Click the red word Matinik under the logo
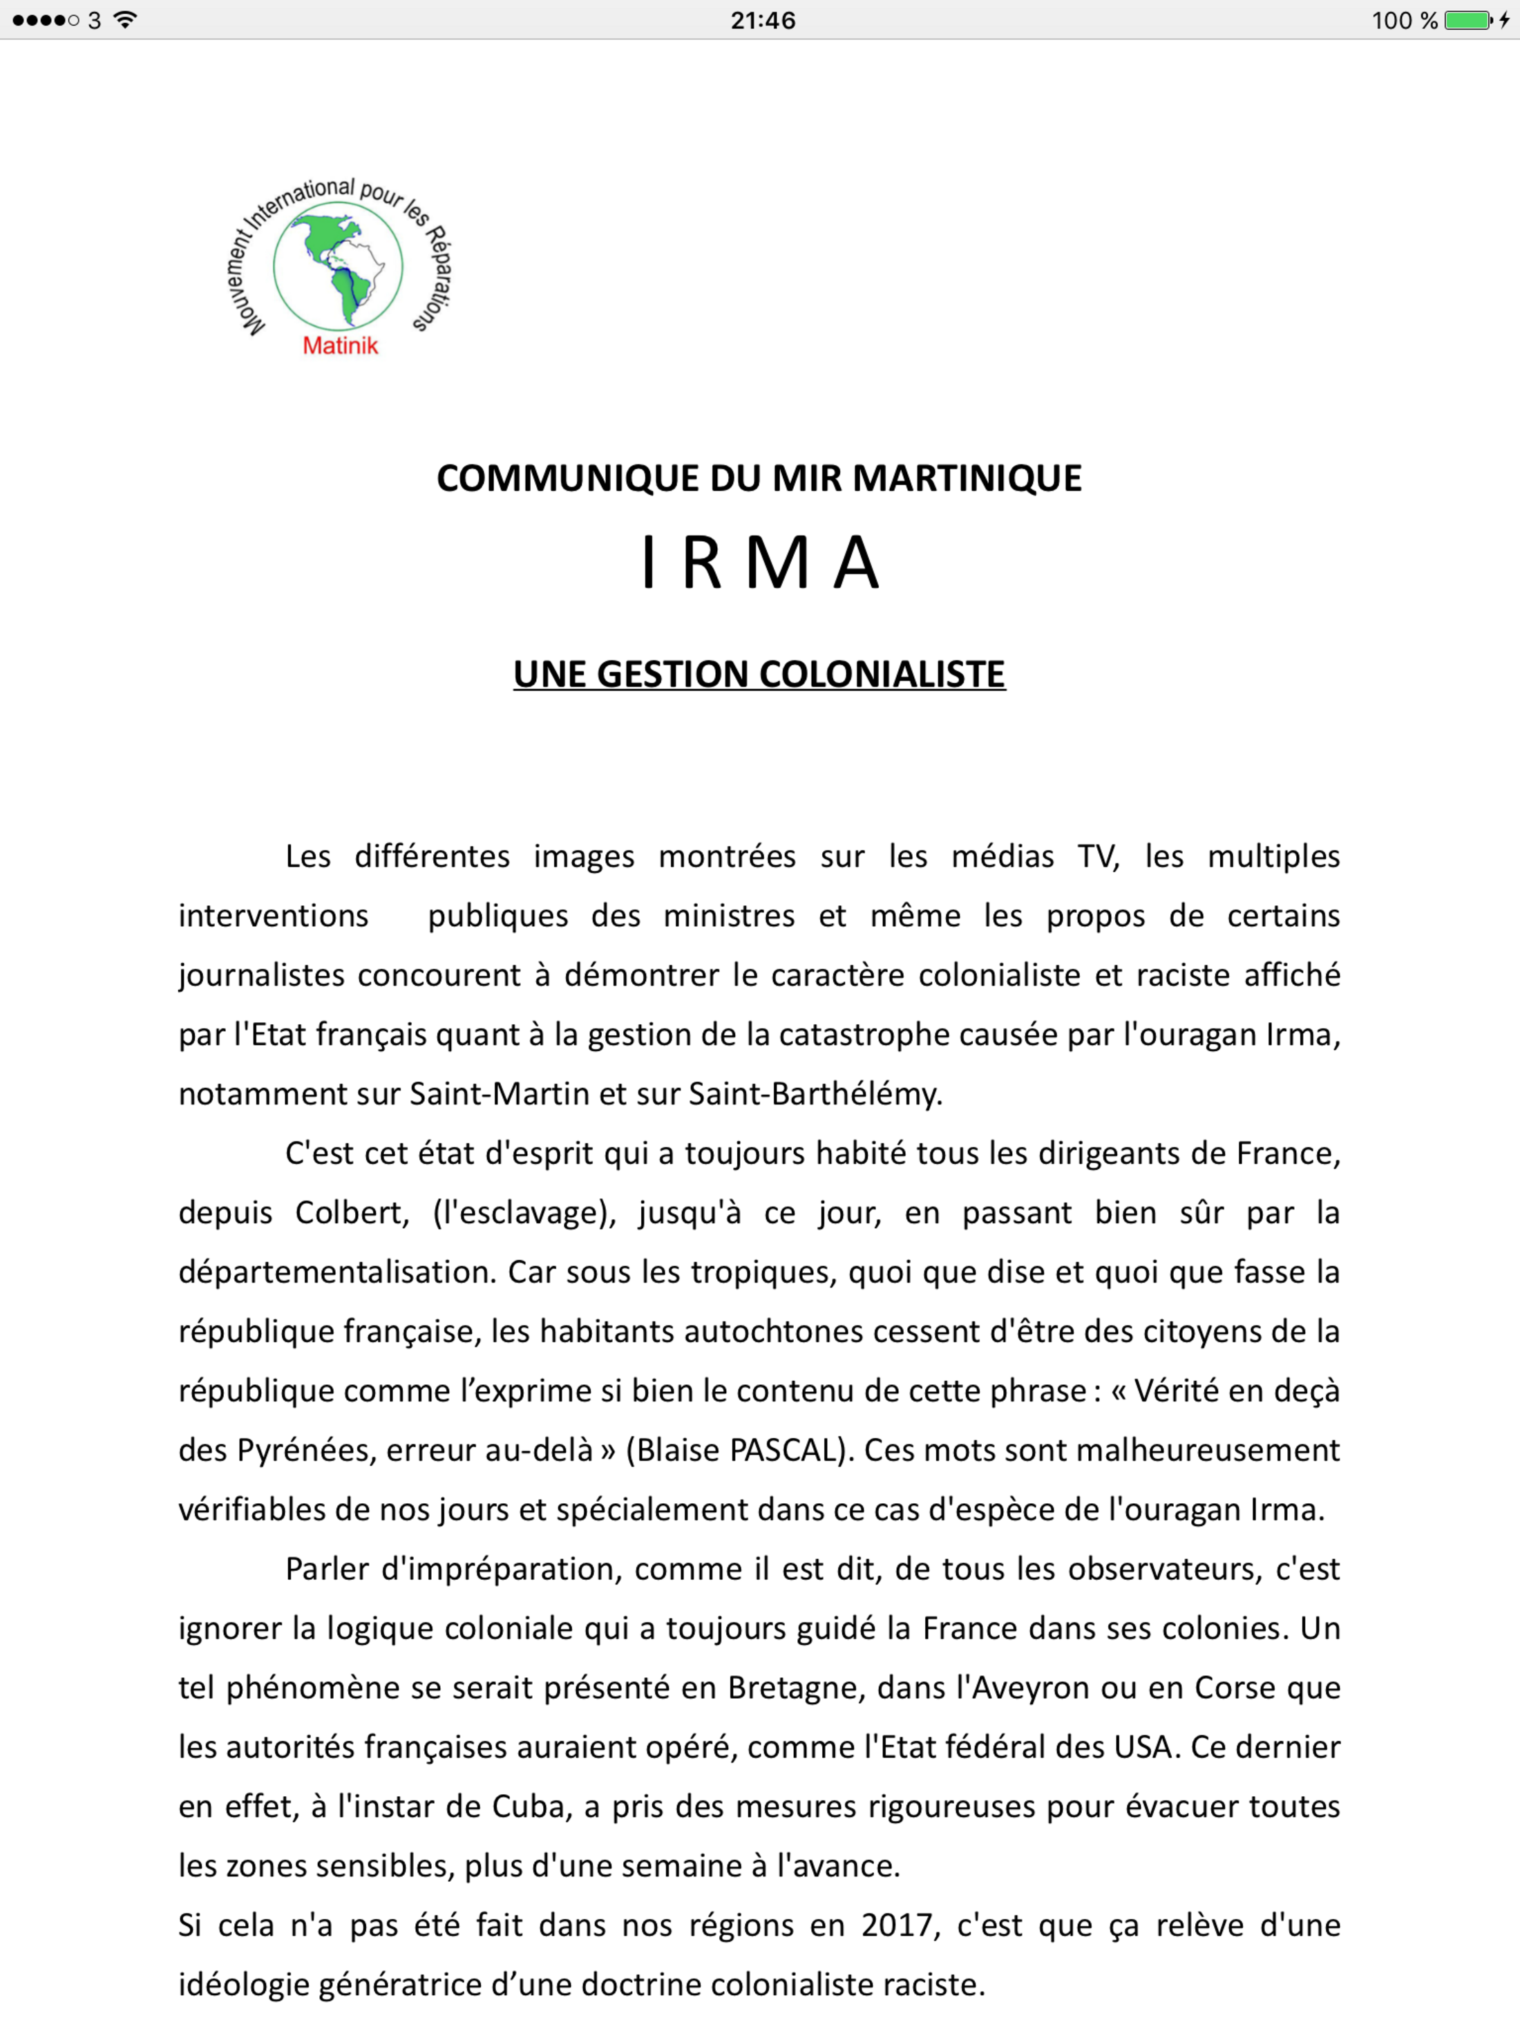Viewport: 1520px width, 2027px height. [340, 346]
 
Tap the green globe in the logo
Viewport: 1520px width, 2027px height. [338, 266]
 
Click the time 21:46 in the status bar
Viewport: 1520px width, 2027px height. [762, 20]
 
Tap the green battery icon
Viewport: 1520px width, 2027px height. [1467, 20]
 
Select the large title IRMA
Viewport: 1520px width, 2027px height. [759, 562]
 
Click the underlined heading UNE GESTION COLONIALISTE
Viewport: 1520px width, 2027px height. [759, 675]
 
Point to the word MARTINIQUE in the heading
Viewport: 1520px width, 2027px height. [967, 478]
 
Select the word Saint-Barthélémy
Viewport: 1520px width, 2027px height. [815, 1094]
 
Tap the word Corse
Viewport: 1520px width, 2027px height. [1236, 1687]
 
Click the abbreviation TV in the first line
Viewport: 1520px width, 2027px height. [1098, 856]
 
